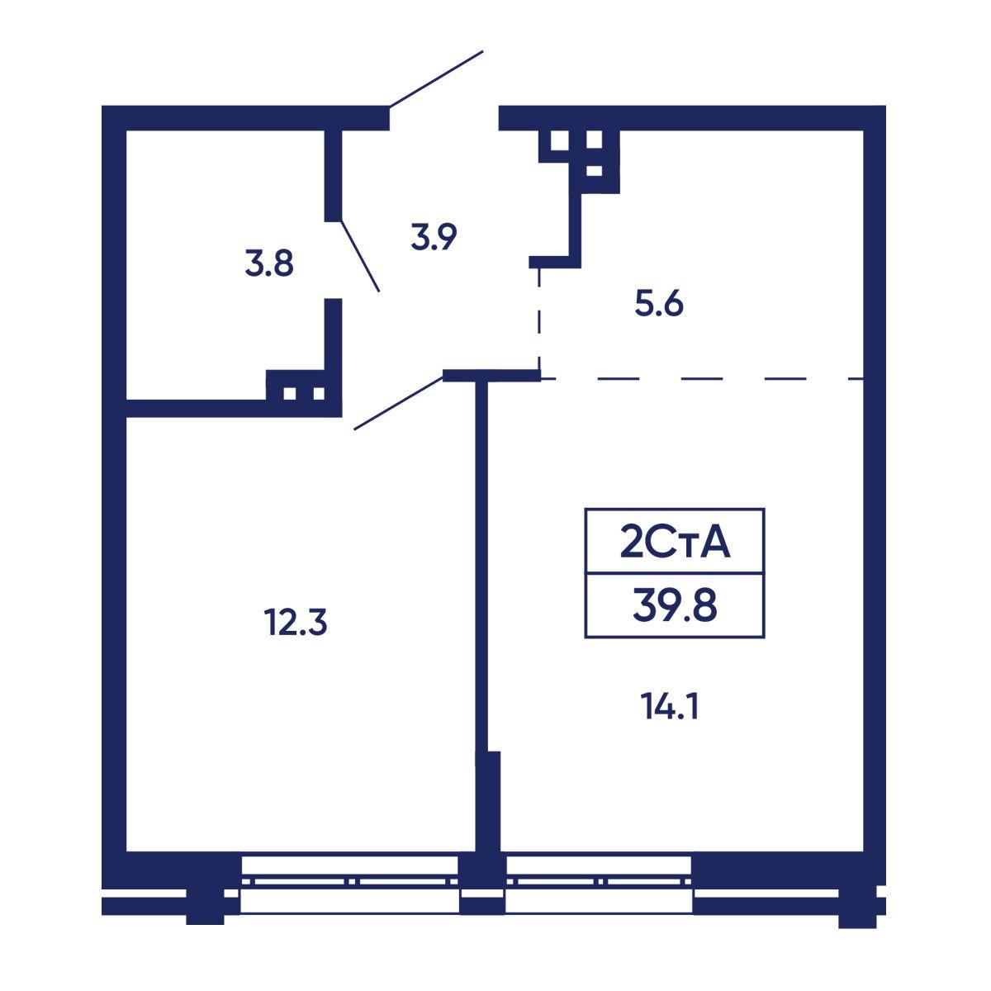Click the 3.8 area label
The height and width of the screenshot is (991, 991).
[x=269, y=264]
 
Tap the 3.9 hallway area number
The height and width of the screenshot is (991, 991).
[x=434, y=237]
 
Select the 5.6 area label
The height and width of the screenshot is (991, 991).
[x=659, y=304]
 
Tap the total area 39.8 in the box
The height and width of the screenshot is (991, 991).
[x=675, y=606]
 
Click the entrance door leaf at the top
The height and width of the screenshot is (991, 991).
[x=436, y=79]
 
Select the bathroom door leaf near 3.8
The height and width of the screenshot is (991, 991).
[x=360, y=256]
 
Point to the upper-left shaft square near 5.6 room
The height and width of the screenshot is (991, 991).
[x=560, y=140]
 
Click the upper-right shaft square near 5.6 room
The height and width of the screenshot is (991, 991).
[x=594, y=140]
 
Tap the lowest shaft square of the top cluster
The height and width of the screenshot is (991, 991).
[x=594, y=171]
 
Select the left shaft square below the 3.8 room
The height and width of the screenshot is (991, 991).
[x=290, y=393]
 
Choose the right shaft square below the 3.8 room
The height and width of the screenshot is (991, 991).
[x=319, y=393]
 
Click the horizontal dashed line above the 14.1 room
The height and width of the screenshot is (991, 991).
[x=702, y=379]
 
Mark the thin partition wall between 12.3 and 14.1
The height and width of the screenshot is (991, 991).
[x=481, y=566]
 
